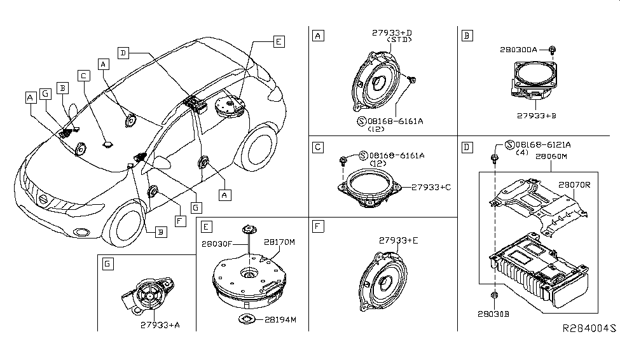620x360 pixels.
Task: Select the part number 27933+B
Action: [538, 116]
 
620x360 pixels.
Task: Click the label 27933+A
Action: [159, 324]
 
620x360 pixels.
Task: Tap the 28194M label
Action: [278, 319]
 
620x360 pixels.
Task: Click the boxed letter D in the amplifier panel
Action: [467, 148]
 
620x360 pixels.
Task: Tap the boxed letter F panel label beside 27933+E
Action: [317, 226]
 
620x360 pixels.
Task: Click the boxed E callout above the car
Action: [278, 43]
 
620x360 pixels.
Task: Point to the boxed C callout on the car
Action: [83, 75]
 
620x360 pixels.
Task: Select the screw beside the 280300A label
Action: [551, 50]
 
